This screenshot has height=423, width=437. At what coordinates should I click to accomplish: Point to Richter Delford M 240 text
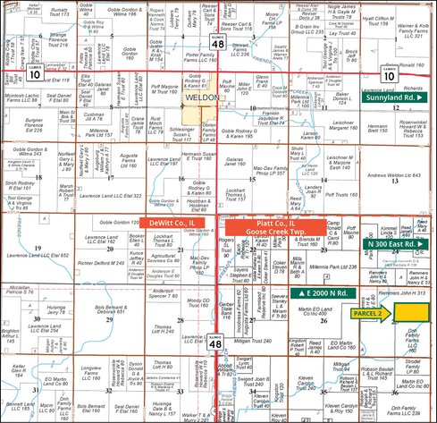click(x=100, y=264)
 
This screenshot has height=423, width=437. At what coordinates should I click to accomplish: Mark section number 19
click(x=38, y=248)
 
